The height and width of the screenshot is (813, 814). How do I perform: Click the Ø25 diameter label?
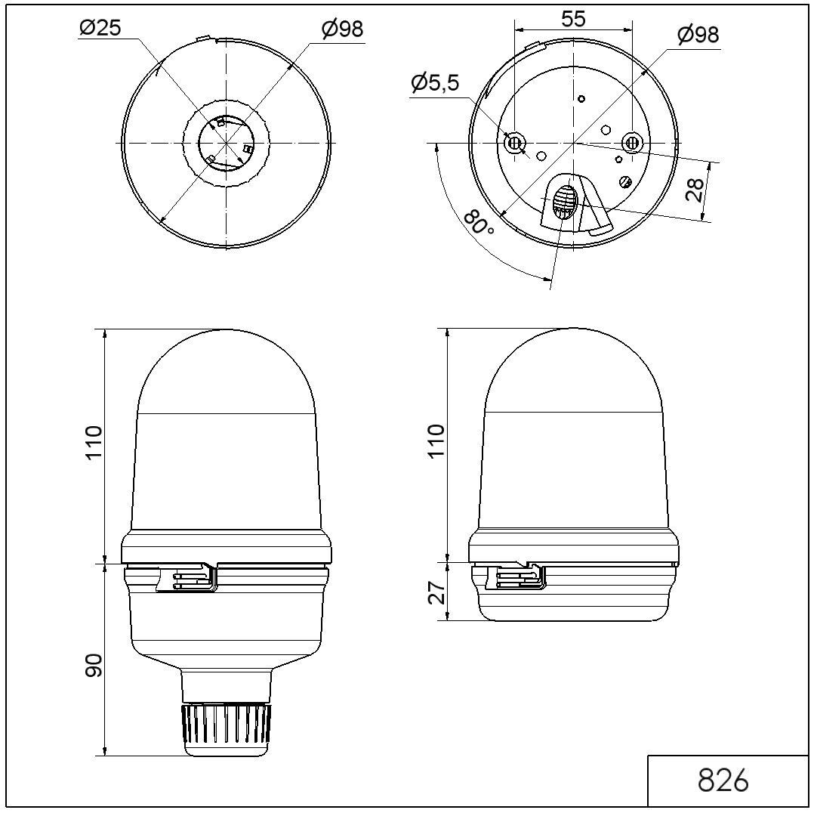(100, 28)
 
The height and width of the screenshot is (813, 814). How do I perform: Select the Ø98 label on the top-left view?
(342, 29)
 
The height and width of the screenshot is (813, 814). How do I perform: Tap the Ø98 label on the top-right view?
(697, 35)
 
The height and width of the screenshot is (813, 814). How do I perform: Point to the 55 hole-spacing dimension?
(573, 19)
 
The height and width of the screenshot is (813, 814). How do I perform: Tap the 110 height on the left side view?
(93, 445)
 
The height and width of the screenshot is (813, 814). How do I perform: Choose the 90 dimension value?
(93, 666)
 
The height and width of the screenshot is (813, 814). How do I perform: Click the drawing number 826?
(723, 781)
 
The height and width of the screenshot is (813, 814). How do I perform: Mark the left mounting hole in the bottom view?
(515, 142)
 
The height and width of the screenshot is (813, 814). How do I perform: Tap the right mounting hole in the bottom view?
(632, 142)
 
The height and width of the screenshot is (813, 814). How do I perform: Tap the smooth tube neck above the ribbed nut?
(227, 684)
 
